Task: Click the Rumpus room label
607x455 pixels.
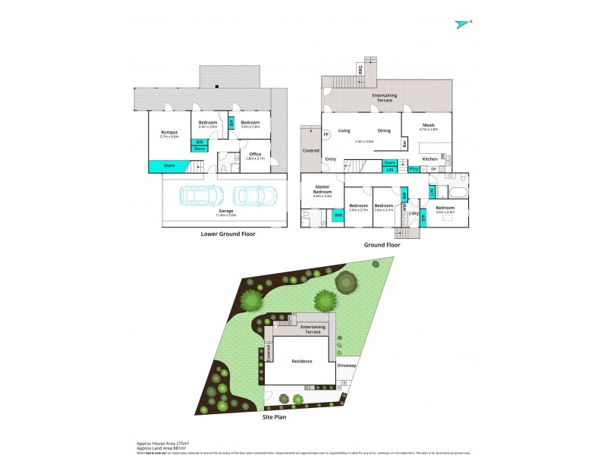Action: point(169,133)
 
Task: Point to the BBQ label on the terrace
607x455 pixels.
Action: point(360,71)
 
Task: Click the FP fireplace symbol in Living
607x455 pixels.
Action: point(326,135)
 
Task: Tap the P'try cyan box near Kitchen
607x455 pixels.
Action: point(414,169)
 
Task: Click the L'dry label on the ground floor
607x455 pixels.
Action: point(414,214)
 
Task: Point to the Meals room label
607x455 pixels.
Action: point(418,126)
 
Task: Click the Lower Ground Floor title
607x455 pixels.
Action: point(228,234)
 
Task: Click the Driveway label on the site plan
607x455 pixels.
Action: point(346,366)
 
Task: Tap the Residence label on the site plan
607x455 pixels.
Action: point(301,361)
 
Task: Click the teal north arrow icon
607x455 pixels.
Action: point(462,24)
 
